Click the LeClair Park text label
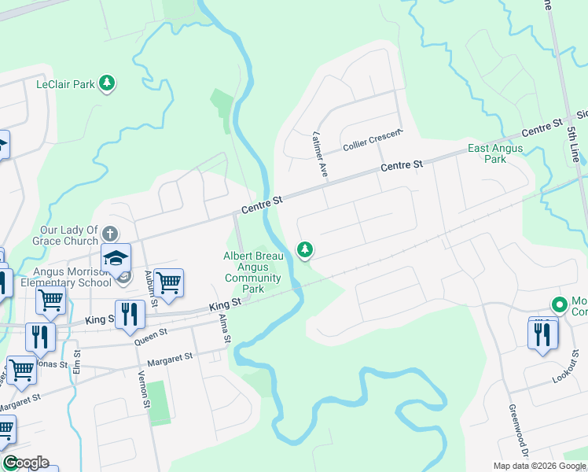click(65, 83)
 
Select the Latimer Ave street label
click(319, 152)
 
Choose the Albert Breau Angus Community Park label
click(252, 272)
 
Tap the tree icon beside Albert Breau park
click(304, 250)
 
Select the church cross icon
click(109, 234)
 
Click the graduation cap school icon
click(115, 257)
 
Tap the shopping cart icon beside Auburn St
click(169, 281)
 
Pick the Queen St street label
click(151, 334)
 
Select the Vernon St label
click(145, 388)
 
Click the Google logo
click(25, 463)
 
